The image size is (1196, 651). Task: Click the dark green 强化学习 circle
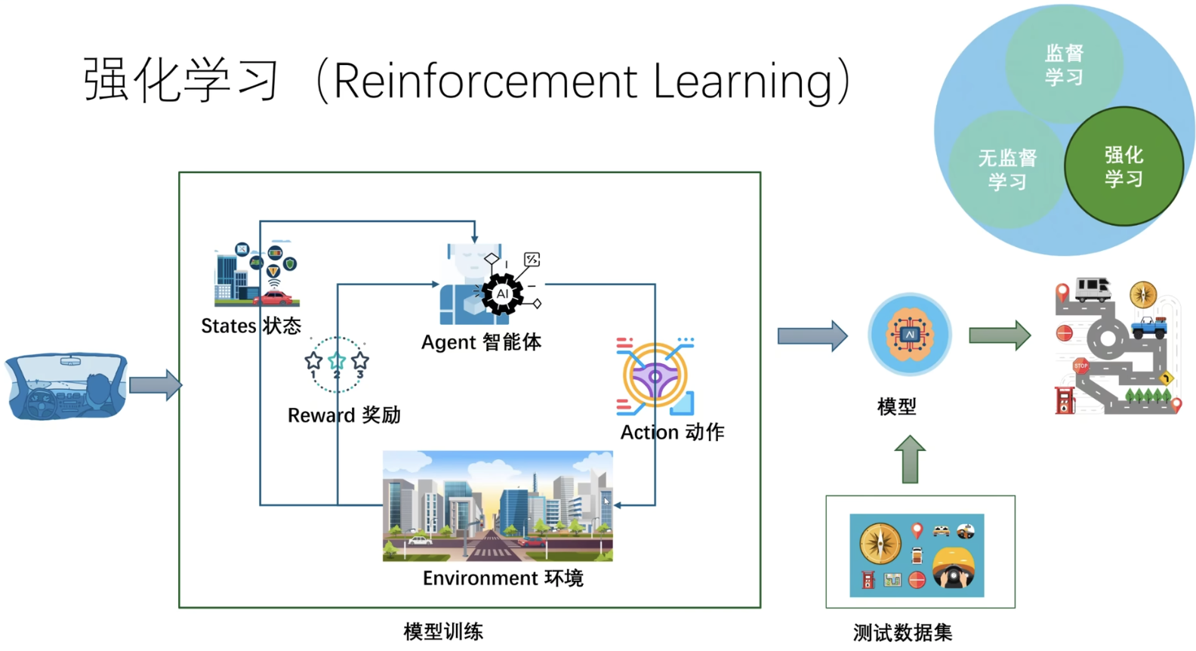pyautogui.click(x=1123, y=167)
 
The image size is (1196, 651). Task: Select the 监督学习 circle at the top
pyautogui.click(x=1064, y=65)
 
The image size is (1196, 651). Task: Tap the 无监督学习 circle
pyautogui.click(x=1006, y=169)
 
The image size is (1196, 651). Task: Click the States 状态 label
pyautogui.click(x=251, y=325)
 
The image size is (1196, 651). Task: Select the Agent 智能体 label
pyautogui.click(x=481, y=342)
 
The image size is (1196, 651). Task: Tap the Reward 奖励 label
pyautogui.click(x=344, y=415)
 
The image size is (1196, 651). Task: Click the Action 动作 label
pyautogui.click(x=672, y=432)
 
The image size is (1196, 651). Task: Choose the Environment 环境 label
pyautogui.click(x=503, y=578)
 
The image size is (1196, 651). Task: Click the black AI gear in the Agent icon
pyautogui.click(x=502, y=294)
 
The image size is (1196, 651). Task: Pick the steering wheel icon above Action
pyautogui.click(x=655, y=375)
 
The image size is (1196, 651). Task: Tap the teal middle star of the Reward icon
pyautogui.click(x=337, y=361)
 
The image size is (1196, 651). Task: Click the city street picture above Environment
pyautogui.click(x=498, y=506)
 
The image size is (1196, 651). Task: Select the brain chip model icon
pyautogui.click(x=909, y=335)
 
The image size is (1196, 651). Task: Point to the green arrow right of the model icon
pyautogui.click(x=999, y=335)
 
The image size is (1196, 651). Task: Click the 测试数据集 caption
pyautogui.click(x=902, y=632)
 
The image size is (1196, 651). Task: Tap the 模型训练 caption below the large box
pyautogui.click(x=443, y=631)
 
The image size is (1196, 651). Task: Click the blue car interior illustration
pyautogui.click(x=66, y=386)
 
